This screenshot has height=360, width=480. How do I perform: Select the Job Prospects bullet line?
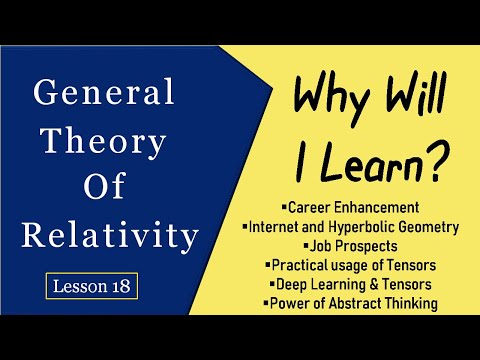(x=347, y=247)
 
